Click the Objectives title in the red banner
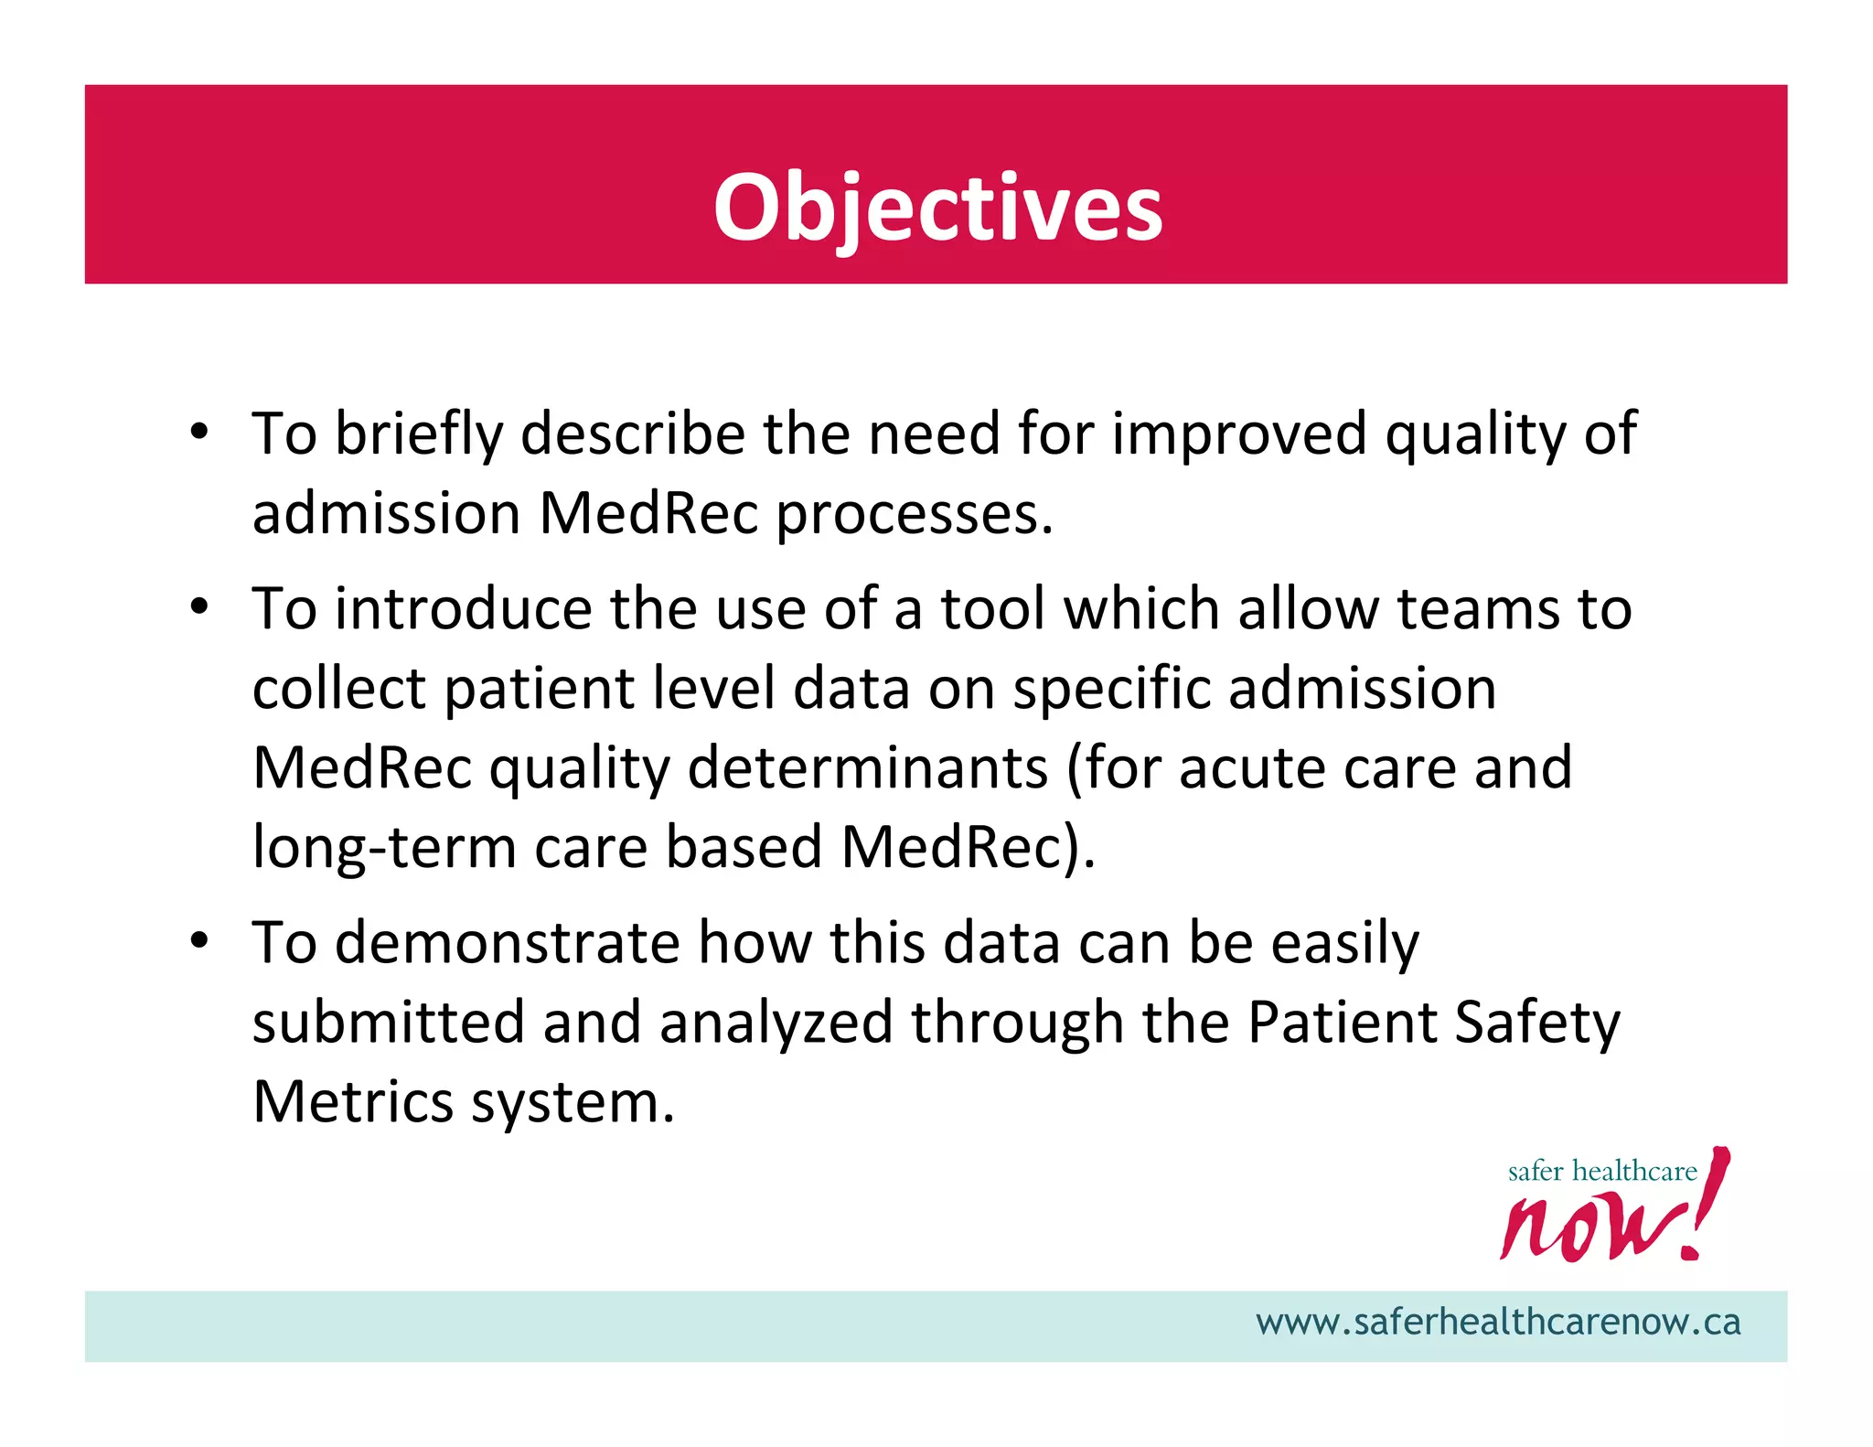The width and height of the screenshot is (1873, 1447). coord(937,209)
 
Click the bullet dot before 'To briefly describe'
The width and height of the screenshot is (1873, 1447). coord(199,432)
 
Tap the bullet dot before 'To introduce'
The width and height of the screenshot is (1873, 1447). coord(199,606)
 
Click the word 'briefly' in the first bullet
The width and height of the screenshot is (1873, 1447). coord(419,434)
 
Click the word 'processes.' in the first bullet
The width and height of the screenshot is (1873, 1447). coord(915,514)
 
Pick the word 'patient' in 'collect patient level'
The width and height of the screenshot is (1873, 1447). coord(539,689)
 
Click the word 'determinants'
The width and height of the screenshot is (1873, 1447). coord(867,767)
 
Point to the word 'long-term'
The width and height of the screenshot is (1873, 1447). coord(384,847)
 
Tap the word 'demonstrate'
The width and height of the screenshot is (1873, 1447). coord(508,942)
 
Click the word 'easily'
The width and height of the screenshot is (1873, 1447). coord(1344,944)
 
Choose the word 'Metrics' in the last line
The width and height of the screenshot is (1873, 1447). coord(353,1101)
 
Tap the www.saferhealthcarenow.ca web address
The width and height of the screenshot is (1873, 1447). coord(1497,1323)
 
